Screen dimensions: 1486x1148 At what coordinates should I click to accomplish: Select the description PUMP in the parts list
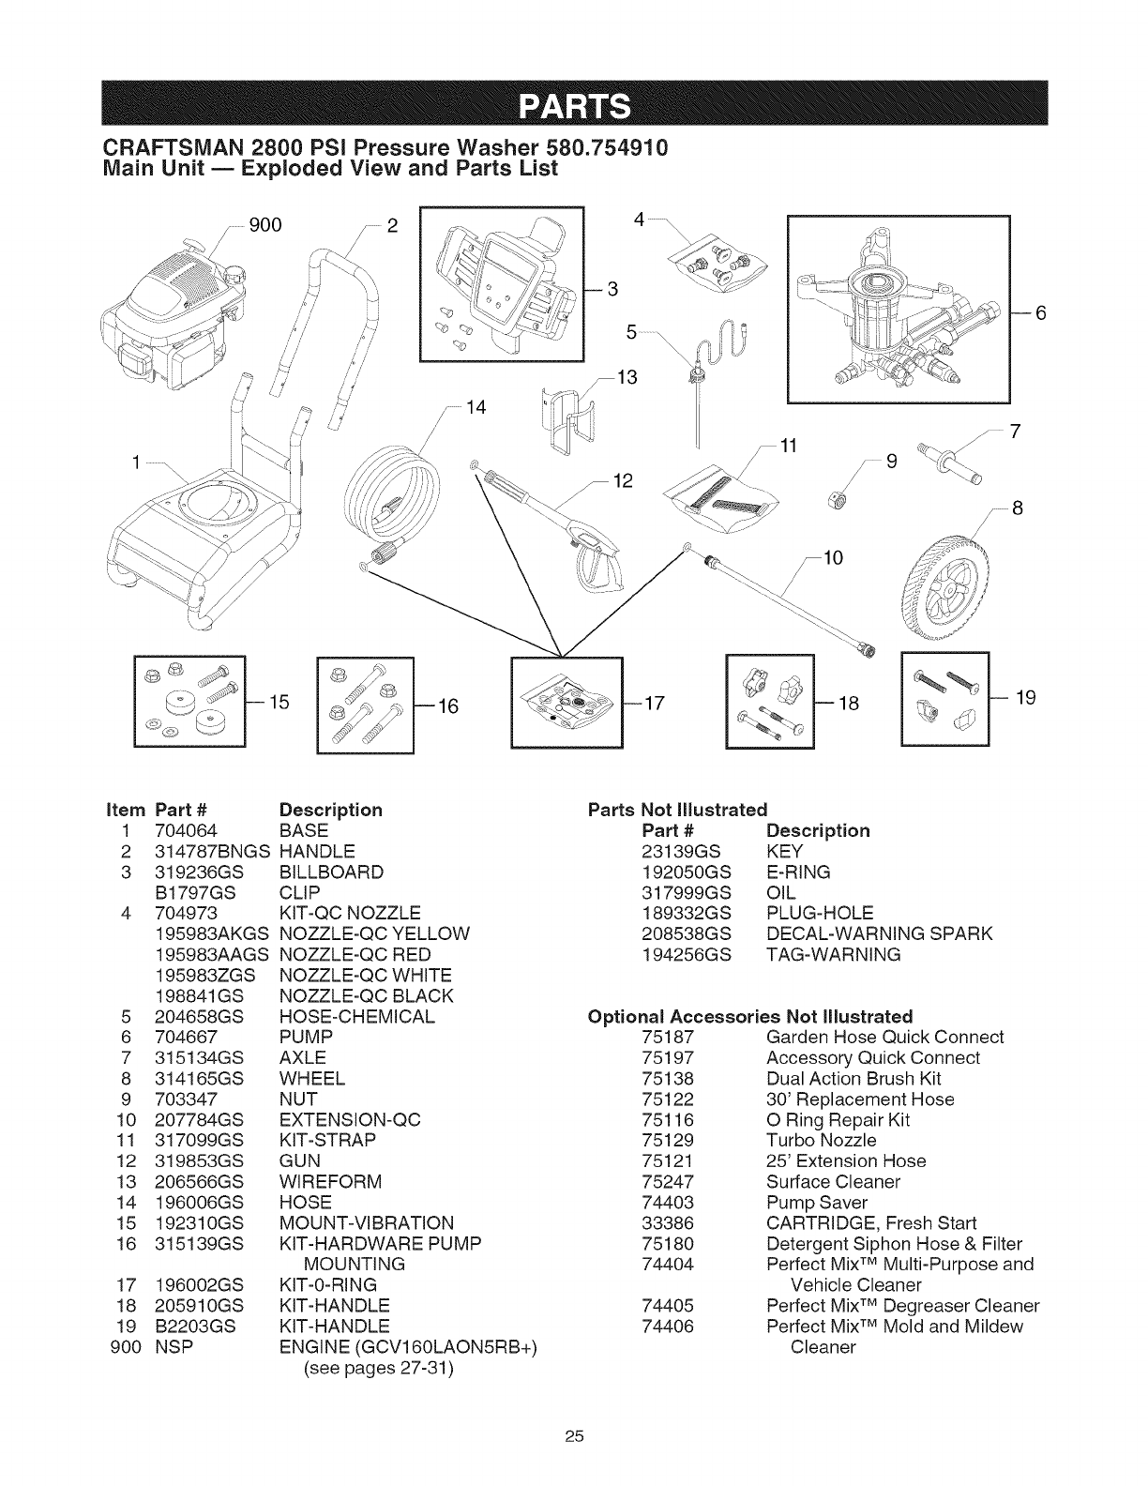307,1038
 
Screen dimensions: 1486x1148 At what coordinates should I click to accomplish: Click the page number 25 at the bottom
575,1435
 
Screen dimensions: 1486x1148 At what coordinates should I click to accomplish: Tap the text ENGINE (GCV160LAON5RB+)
409,1347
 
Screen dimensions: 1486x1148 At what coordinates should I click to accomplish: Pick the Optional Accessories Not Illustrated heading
749,1017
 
